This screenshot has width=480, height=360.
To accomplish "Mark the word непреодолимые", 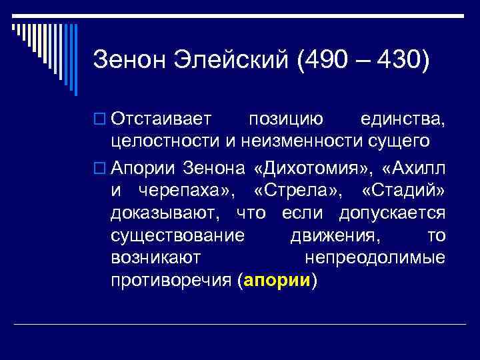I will coord(375,258).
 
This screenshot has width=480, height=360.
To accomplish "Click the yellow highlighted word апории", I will coord(278,281).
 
